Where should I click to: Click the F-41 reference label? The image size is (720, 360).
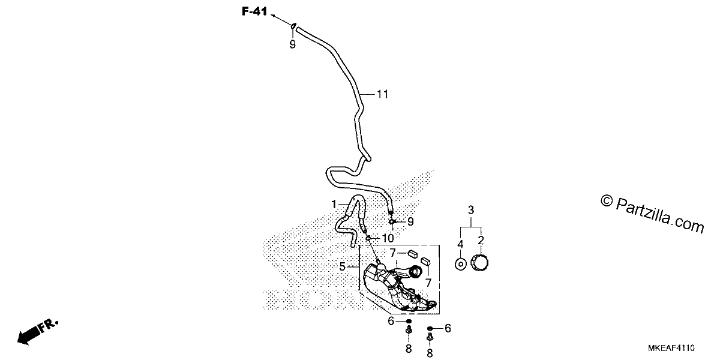[x=254, y=11]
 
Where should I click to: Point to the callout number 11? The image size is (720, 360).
[x=383, y=94]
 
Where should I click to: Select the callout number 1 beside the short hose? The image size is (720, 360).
[x=334, y=204]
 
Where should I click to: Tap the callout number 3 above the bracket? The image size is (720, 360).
[x=471, y=210]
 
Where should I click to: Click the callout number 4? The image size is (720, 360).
[x=460, y=244]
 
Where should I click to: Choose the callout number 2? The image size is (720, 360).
[x=481, y=240]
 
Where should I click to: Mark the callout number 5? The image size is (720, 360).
[x=343, y=266]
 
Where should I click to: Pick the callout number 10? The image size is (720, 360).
[x=388, y=238]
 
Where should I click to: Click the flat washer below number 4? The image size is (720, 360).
[x=461, y=264]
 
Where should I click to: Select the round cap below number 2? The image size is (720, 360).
[x=479, y=262]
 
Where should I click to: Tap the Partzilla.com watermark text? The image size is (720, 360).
[x=652, y=214]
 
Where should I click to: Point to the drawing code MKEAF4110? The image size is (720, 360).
[x=671, y=348]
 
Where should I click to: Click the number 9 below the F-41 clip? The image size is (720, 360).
[x=293, y=44]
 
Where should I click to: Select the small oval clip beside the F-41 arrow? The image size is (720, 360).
[x=293, y=26]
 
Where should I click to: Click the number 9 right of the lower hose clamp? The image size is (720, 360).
[x=410, y=221]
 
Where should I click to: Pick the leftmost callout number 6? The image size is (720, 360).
[x=391, y=321]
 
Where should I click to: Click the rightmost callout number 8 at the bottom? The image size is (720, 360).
[x=430, y=353]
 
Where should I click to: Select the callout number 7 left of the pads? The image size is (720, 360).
[x=392, y=253]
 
